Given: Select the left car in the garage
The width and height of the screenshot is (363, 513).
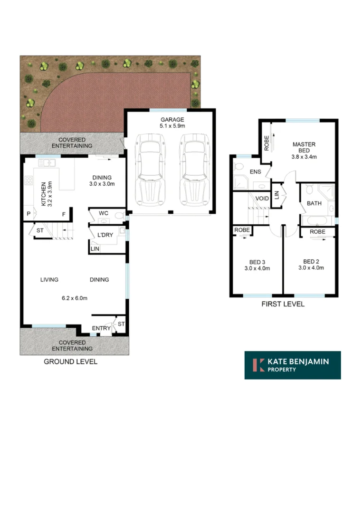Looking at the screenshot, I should click(x=150, y=167).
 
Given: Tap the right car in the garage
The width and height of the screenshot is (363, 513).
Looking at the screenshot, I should click(x=194, y=167).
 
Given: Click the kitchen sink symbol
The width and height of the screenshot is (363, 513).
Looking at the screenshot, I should click(x=48, y=163).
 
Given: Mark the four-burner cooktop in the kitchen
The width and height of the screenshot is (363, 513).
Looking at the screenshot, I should click(x=29, y=180).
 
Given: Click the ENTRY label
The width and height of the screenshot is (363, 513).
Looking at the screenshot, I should click(x=101, y=328).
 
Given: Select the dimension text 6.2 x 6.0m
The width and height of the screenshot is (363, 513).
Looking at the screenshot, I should click(x=75, y=298).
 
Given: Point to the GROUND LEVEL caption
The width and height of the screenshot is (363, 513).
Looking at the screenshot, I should click(x=70, y=362).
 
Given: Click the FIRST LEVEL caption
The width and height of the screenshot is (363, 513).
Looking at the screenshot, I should click(x=283, y=304).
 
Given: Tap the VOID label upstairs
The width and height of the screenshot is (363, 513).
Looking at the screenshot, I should click(x=262, y=199).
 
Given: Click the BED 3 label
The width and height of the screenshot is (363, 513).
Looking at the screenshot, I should click(x=257, y=261).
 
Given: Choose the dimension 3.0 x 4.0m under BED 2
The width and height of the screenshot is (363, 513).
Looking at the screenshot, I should click(x=311, y=268).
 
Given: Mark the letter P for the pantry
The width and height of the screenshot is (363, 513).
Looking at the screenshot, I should click(x=29, y=214).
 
